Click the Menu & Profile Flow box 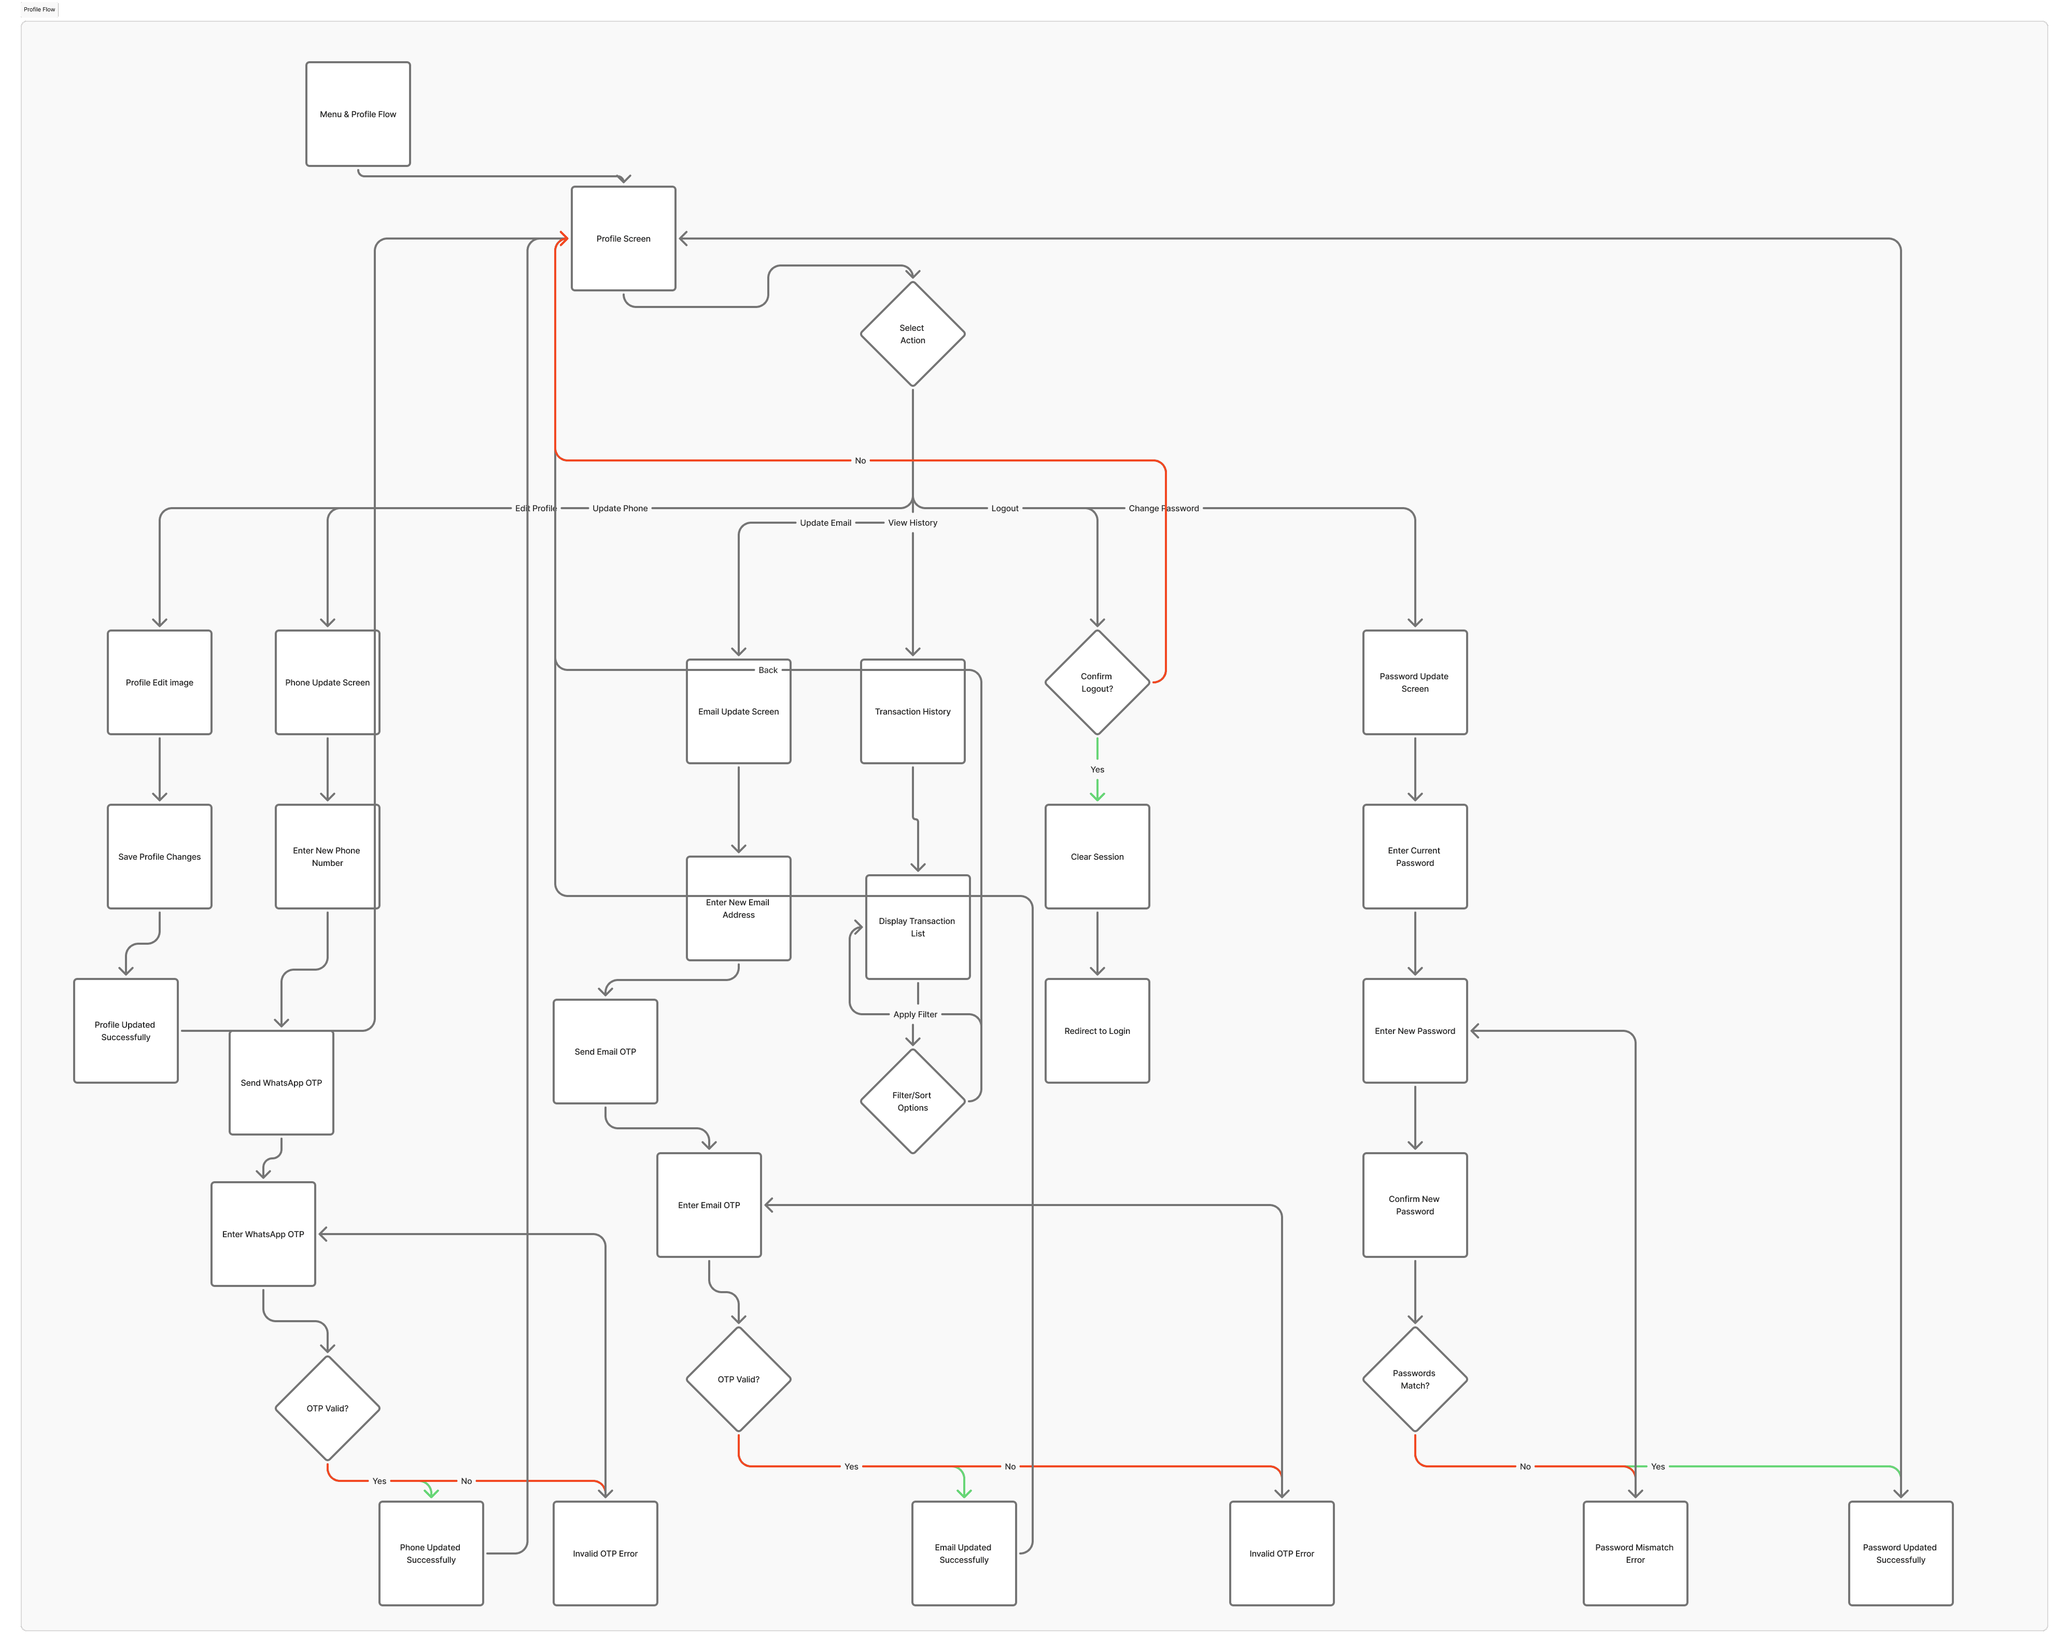click(358, 114)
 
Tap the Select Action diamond click(912, 334)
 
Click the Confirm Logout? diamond click(1097, 682)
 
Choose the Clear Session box click(1097, 856)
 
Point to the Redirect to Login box click(1097, 1031)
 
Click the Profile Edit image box click(159, 682)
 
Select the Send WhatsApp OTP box click(281, 1083)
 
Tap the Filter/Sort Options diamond click(912, 1101)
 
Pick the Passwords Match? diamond click(1415, 1379)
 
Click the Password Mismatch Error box click(1634, 1553)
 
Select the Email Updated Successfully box click(964, 1553)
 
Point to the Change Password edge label click(1163, 509)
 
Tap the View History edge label click(912, 523)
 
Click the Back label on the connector click(768, 670)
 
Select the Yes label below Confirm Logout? click(1097, 770)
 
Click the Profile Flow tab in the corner click(39, 10)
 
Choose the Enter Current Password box click(1415, 856)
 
